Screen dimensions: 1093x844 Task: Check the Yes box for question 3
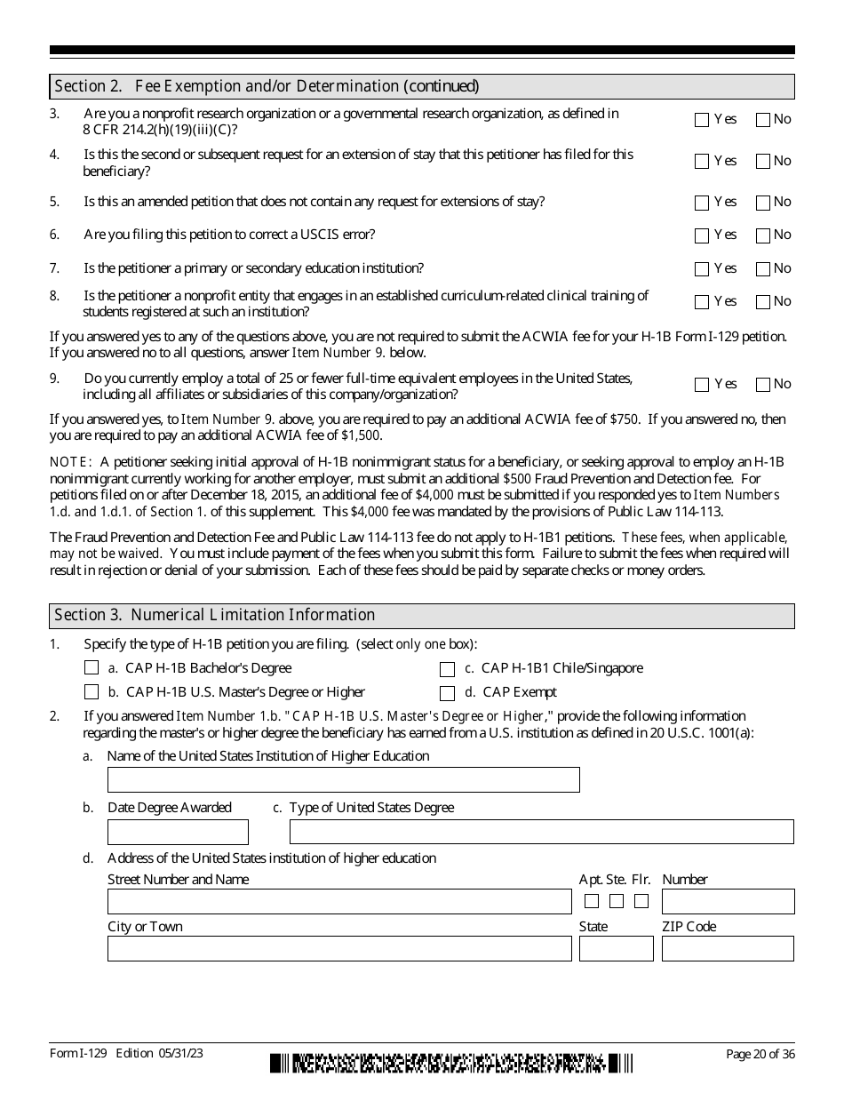702,120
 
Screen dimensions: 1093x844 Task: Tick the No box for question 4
762,162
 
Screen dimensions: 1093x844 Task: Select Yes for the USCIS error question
702,235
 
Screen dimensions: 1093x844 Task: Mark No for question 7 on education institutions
762,269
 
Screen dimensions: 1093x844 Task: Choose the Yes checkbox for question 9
702,385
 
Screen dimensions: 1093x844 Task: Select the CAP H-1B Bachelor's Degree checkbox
92,668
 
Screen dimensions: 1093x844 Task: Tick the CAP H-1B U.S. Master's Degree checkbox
92,692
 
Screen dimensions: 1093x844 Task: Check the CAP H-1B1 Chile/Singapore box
448,669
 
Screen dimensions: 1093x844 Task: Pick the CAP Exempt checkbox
448,693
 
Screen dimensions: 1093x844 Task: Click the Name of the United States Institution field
343,780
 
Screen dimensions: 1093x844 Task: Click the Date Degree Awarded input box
178,832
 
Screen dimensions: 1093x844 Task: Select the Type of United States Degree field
541,832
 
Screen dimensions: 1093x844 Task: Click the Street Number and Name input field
339,902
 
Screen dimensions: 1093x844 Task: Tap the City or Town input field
339,949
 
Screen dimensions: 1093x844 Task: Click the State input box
616,949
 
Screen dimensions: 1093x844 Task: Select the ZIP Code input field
728,949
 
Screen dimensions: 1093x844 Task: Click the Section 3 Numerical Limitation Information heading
215,615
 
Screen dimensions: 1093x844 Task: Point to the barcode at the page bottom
452,1063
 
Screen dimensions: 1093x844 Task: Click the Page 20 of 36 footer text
760,1054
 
